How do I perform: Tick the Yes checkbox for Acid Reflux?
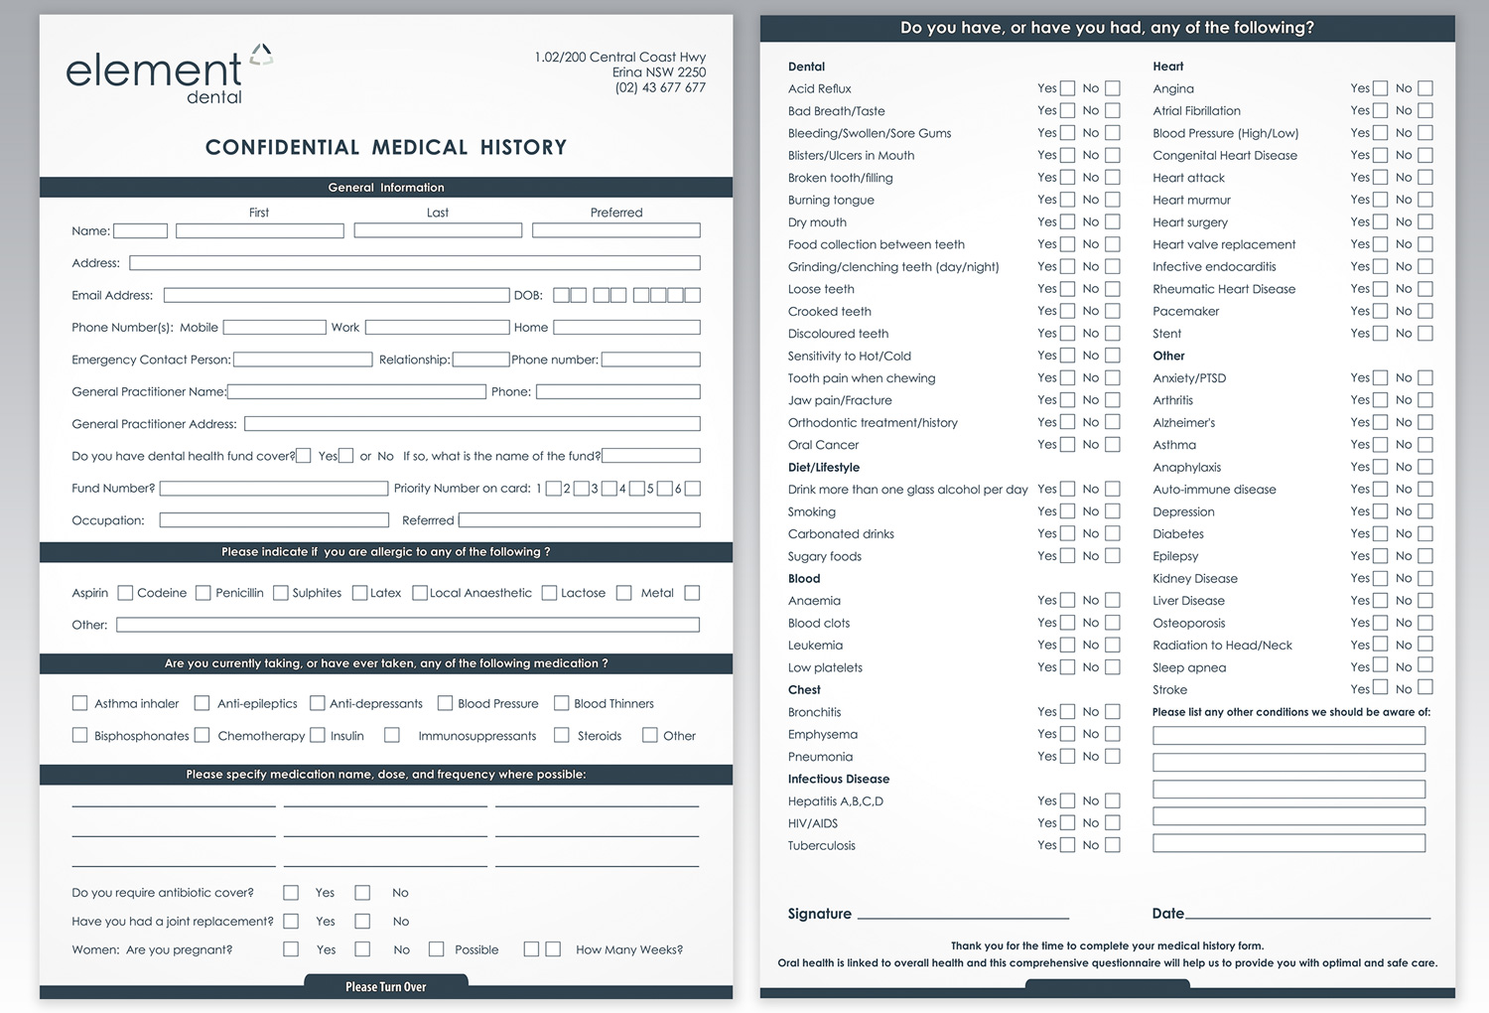1067,88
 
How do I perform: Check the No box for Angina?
1425,88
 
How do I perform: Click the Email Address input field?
337,295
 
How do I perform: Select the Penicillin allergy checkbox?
281,593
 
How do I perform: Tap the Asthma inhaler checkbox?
80,703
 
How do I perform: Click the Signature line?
963,914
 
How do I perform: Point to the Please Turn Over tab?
385,986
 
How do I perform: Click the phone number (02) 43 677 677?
660,87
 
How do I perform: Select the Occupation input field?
274,520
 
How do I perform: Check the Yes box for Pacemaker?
1380,311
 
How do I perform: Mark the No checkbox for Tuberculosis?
1113,845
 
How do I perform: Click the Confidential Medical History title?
385,147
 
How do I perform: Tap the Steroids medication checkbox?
562,735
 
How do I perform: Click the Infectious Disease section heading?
838,779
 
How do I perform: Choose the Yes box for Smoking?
1067,511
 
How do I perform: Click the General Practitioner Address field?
472,424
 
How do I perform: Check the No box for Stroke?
1425,688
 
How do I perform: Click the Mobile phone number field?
275,327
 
